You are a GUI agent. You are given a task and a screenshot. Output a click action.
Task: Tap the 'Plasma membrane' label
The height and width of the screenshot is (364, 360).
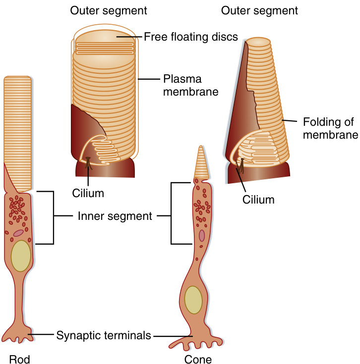[183, 85]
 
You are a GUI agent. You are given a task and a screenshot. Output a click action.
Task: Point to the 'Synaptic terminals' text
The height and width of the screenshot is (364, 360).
[103, 335]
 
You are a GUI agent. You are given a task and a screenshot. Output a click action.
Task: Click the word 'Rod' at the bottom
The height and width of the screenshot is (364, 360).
[18, 358]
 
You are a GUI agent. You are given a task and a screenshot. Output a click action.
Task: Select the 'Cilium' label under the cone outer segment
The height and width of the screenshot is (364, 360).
[258, 200]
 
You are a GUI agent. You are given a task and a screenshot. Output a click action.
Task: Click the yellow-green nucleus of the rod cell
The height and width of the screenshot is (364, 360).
[21, 256]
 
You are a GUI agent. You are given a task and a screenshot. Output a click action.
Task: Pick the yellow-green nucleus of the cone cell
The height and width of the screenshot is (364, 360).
[193, 300]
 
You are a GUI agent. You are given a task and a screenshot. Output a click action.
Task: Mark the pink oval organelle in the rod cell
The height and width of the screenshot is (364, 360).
[18, 233]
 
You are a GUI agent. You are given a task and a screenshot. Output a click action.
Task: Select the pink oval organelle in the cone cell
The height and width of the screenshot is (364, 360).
[202, 236]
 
